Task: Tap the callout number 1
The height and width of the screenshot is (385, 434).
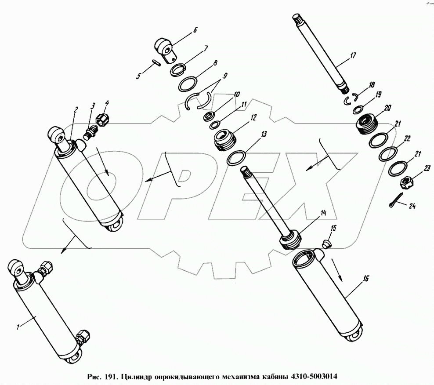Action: (18, 327)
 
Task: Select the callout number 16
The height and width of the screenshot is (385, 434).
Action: (366, 278)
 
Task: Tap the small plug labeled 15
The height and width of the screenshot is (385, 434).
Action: (326, 242)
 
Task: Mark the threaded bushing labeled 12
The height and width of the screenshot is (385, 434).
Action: (225, 140)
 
